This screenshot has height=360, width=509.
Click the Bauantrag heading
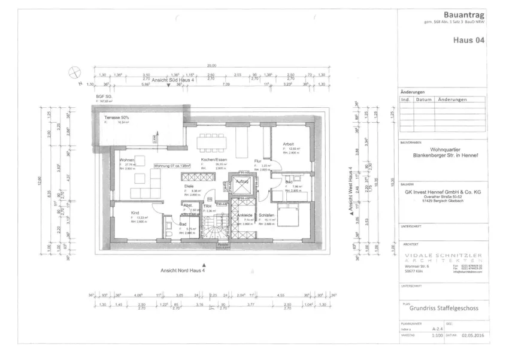click(463, 14)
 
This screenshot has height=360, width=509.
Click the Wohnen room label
click(127, 161)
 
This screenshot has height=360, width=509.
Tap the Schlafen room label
click(267, 214)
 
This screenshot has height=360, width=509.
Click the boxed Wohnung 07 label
click(172, 165)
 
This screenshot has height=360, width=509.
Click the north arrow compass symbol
click(75, 72)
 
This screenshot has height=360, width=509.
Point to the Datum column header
click(424, 99)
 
